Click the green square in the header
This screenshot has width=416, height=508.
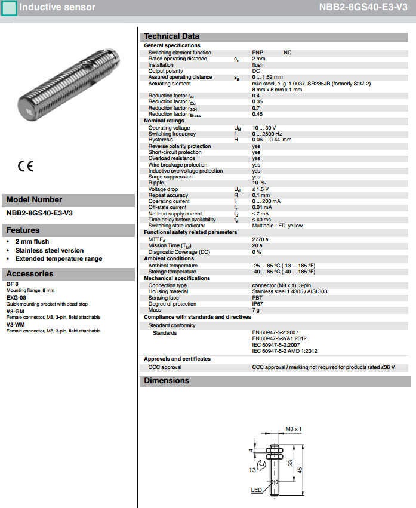tap(9, 8)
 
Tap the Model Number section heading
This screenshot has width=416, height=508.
tap(34, 200)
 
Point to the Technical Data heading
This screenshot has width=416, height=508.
tap(172, 36)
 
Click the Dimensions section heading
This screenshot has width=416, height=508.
tap(167, 381)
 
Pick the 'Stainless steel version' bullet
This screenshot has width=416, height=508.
tap(50, 250)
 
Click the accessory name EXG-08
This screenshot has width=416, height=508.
tap(16, 297)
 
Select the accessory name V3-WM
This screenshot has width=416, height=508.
tap(16, 324)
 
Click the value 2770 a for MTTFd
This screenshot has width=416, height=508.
tap(260, 239)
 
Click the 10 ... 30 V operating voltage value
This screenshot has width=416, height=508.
tap(264, 128)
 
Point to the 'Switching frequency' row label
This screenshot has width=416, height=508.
tap(172, 134)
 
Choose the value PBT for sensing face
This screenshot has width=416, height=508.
tap(257, 297)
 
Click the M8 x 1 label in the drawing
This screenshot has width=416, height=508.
tap(294, 429)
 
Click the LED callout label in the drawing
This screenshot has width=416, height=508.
tap(257, 490)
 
